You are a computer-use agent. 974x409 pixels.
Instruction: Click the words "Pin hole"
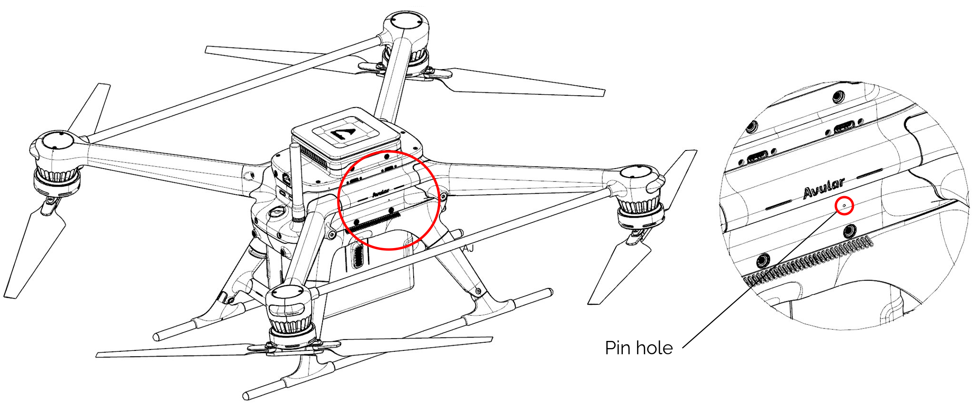[x=639, y=348]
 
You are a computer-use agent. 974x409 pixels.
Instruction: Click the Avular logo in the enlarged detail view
[x=823, y=189]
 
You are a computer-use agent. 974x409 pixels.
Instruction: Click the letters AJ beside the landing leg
[x=468, y=248]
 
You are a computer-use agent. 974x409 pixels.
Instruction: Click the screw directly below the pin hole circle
[x=849, y=232]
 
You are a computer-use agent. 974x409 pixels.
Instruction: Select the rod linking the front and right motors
[x=457, y=241]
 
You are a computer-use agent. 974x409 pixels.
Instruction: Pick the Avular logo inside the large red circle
[x=381, y=192]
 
